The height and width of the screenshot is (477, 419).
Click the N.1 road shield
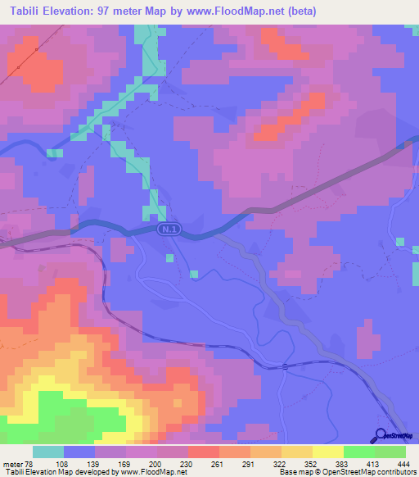[169, 232]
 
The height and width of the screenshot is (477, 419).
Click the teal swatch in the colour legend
[48, 452]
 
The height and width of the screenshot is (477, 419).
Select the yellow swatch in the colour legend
[327, 452]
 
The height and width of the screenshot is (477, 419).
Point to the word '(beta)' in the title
[298, 11]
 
